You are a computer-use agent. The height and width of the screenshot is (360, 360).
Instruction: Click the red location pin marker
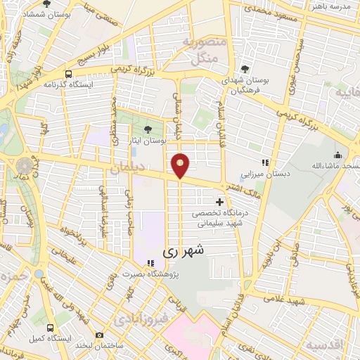181,165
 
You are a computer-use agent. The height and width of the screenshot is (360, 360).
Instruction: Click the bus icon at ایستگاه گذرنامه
68,74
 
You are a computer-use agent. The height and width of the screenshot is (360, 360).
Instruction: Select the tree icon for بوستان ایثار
148,129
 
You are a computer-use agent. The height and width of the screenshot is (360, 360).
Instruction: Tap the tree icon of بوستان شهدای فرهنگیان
243,69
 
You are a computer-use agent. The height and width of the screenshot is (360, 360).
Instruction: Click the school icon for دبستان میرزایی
265,162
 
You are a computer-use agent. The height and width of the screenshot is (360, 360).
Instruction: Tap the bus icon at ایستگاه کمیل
49,328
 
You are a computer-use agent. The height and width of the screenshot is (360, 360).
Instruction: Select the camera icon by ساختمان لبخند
99,335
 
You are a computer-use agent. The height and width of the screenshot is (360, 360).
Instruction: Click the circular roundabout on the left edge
25,166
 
